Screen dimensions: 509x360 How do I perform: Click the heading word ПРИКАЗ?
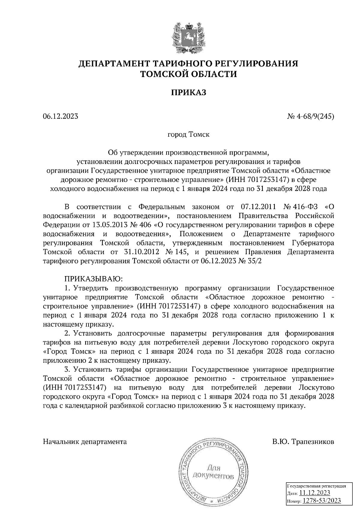click(189, 93)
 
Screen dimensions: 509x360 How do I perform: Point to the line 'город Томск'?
click(188, 134)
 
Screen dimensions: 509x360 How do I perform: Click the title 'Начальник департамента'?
click(85, 442)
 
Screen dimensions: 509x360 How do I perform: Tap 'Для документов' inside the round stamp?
click(214, 472)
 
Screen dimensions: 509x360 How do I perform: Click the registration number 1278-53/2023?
click(321, 501)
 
